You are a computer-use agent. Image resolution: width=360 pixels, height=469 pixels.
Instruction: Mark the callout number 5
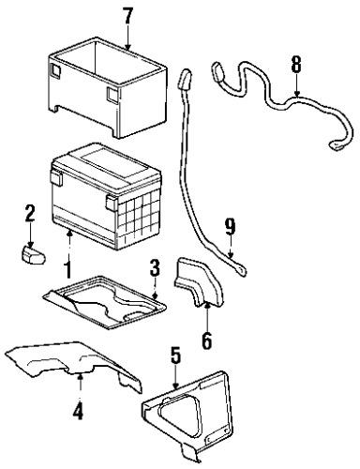pos(174,355)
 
